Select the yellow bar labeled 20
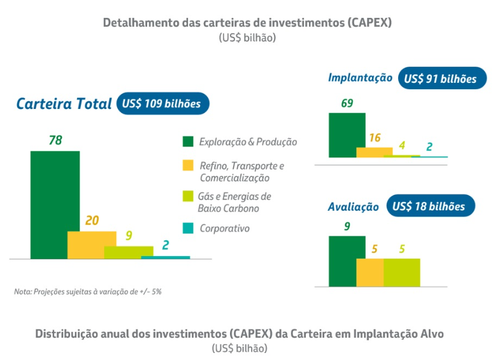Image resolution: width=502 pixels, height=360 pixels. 92,245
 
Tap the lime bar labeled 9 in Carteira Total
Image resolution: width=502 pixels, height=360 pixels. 129,252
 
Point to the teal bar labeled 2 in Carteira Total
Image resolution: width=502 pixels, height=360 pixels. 166,257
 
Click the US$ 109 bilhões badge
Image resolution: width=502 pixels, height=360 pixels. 162,103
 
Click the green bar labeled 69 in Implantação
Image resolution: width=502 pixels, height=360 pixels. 347,134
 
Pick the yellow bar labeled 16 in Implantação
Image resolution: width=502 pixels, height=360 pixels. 374,152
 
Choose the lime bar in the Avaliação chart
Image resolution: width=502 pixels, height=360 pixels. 401,272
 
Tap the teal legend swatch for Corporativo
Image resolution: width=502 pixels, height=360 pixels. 188,228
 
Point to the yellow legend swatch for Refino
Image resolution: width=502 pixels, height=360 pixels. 188,166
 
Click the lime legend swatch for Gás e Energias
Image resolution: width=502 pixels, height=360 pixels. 188,196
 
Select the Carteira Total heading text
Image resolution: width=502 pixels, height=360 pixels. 64,104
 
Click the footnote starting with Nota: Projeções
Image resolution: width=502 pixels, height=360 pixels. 92,292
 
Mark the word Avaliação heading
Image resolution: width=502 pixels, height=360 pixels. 353,207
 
